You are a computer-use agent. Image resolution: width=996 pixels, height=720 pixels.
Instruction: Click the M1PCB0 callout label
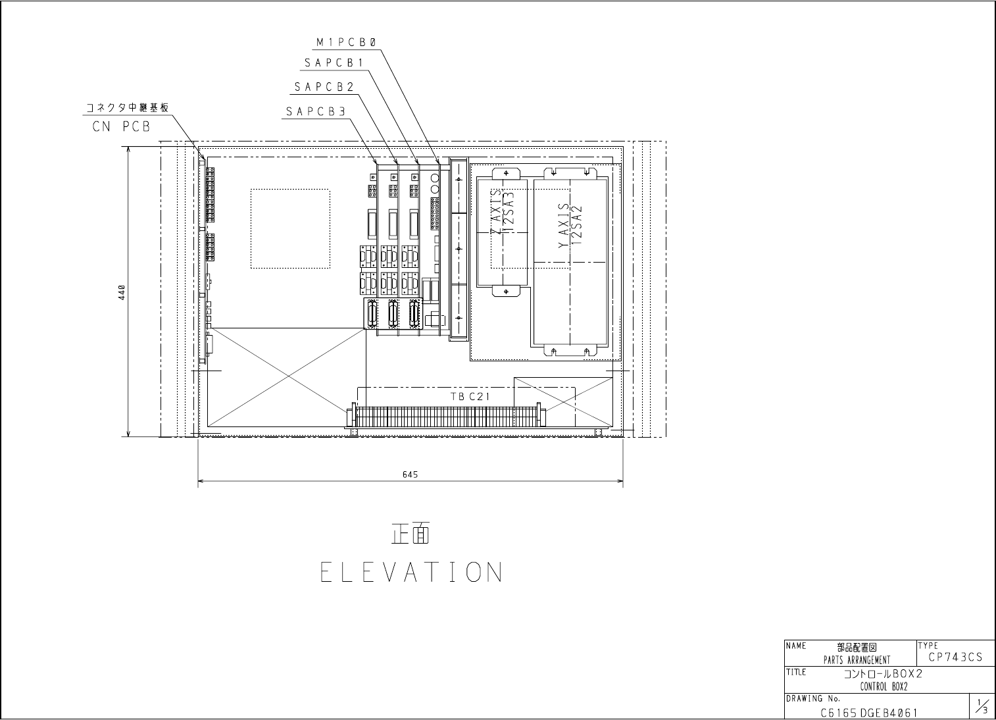tap(347, 42)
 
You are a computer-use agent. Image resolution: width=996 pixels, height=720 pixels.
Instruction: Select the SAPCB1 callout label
tap(334, 63)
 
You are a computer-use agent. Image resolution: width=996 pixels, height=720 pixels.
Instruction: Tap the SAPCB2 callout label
tap(324, 87)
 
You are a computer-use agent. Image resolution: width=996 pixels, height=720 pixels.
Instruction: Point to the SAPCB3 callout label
tap(316, 112)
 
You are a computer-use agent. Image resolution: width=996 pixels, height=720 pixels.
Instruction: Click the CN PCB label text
tap(122, 127)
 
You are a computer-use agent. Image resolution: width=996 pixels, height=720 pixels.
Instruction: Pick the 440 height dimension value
tap(122, 292)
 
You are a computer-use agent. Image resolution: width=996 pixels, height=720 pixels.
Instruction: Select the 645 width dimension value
tap(410, 475)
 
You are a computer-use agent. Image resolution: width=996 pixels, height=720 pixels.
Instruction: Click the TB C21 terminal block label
tap(470, 396)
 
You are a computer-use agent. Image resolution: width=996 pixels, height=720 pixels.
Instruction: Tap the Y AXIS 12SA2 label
tap(570, 226)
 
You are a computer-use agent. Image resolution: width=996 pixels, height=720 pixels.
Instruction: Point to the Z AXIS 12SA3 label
tap(502, 212)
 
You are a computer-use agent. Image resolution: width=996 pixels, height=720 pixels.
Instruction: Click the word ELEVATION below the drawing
tap(412, 572)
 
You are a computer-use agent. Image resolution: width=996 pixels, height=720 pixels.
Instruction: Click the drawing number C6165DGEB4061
tap(869, 713)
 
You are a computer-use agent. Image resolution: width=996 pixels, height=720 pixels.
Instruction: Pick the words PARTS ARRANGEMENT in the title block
tap(857, 660)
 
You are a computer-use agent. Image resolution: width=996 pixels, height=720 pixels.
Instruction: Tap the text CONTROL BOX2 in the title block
tap(884, 686)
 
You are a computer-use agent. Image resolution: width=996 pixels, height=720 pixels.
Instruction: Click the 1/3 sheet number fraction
tap(982, 706)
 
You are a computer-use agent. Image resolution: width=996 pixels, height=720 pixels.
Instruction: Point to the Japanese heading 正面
tap(411, 534)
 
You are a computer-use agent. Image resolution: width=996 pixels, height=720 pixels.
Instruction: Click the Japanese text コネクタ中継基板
tap(128, 108)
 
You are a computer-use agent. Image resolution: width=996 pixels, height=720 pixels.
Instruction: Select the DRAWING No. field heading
tap(813, 699)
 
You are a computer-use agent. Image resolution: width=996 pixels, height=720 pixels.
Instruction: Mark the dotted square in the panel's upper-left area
tap(290, 190)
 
